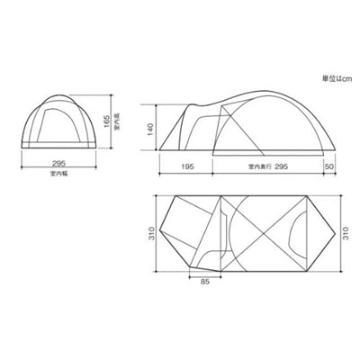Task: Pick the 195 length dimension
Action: pos(187,166)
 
